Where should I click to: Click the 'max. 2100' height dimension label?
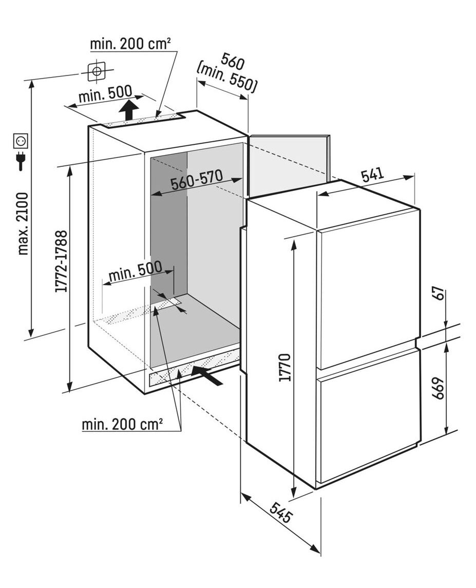23,223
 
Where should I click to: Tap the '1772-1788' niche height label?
61,261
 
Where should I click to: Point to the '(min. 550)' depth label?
226,79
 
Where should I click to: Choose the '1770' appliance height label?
285,367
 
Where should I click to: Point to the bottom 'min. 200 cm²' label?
122,424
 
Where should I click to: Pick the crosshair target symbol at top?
97,70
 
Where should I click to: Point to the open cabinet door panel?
289,164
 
